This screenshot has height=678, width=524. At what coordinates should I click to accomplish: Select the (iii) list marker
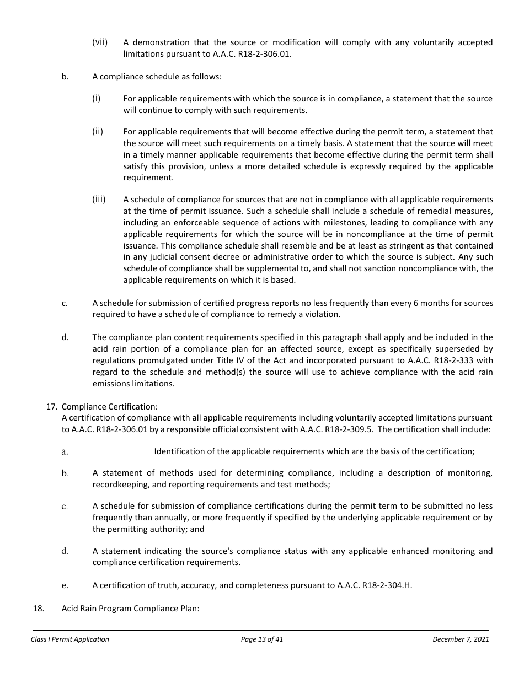pyautogui.click(x=99, y=200)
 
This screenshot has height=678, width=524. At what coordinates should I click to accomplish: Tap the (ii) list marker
pyautogui.click(x=98, y=132)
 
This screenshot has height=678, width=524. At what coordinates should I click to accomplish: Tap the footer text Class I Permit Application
pyautogui.click(x=70, y=639)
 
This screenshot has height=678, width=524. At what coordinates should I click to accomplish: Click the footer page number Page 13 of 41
pyautogui.click(x=262, y=639)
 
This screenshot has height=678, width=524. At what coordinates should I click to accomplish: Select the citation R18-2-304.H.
pyautogui.click(x=387, y=585)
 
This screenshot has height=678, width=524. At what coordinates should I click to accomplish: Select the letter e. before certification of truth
pyautogui.click(x=65, y=585)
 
